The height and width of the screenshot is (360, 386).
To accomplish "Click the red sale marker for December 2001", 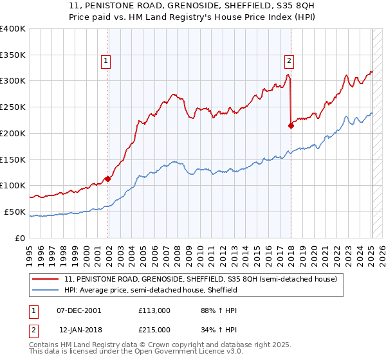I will click(107, 179).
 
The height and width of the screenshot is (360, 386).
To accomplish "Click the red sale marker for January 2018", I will click(291, 125).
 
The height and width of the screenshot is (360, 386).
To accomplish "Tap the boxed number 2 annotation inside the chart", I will click(289, 61).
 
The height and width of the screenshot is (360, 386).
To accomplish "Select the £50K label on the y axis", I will click(15, 212).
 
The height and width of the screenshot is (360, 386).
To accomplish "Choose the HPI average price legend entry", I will click(151, 291).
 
